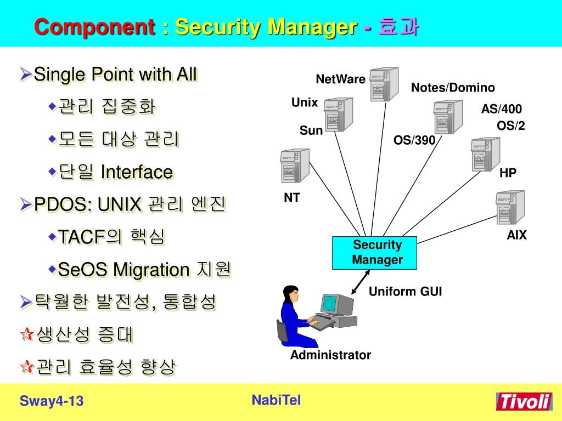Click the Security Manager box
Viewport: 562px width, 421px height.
375,253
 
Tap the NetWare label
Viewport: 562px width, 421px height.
340,79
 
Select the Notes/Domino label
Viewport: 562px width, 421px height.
453,88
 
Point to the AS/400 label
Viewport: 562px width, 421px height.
502,109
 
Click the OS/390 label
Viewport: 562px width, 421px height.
414,140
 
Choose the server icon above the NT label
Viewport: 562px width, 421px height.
291,166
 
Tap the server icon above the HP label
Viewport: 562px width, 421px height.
485,155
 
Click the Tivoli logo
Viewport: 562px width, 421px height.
524,401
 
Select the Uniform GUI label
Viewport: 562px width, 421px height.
405,292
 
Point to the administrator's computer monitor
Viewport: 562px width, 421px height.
333,305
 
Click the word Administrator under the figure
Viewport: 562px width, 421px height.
330,355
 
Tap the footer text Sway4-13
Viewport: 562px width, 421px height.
52,401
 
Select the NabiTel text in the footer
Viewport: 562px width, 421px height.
276,400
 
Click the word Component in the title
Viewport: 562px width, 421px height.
94,26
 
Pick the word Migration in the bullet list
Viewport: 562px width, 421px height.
151,270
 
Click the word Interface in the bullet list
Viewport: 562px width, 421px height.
137,172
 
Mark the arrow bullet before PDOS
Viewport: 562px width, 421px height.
25,205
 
